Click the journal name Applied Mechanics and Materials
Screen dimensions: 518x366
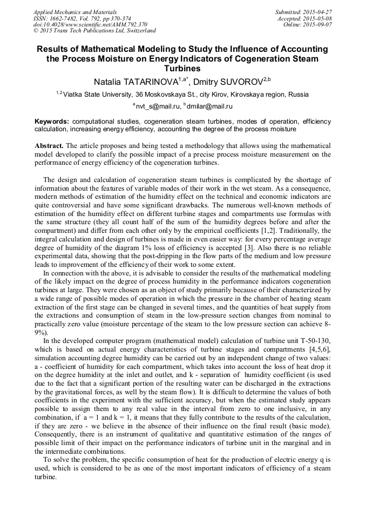point(75,11)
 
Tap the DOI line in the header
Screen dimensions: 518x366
point(90,24)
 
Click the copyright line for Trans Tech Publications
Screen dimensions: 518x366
point(94,31)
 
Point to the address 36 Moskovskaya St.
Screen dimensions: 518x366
point(165,95)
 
